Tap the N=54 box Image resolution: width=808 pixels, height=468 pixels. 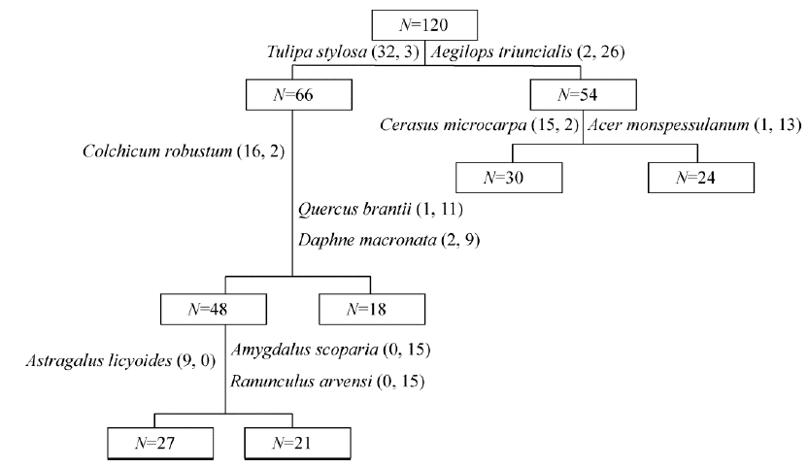pyautogui.click(x=583, y=94)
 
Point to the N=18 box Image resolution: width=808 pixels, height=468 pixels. pyautogui.click(x=371, y=311)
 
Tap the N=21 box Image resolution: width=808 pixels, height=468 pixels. pyautogui.click(x=291, y=445)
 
